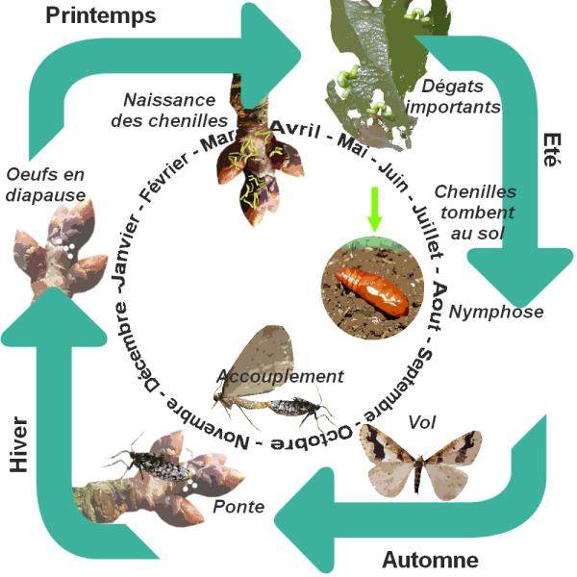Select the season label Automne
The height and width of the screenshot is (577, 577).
[429, 559]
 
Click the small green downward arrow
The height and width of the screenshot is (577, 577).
[375, 210]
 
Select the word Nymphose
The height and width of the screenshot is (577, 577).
[496, 312]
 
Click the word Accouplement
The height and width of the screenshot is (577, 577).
[280, 375]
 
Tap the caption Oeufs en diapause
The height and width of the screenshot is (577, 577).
[45, 182]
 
